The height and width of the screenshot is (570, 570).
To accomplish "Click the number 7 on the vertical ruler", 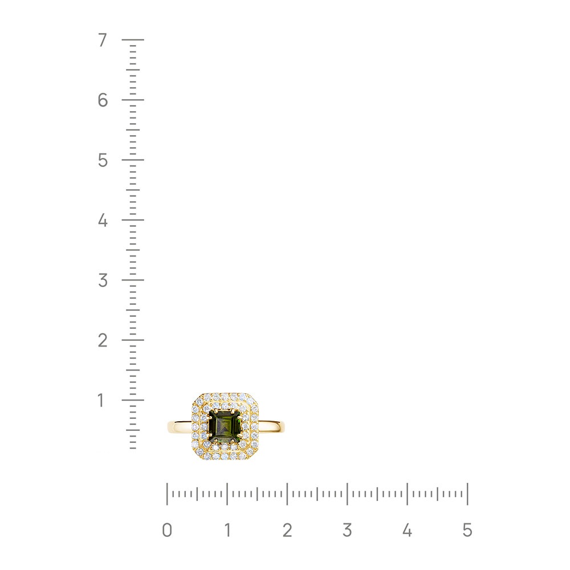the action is [x=103, y=40].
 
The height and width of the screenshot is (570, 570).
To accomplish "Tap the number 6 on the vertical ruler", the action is [x=103, y=100].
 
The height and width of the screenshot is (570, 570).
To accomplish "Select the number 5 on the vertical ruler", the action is [x=103, y=160].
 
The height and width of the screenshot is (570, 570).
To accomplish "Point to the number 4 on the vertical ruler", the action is [x=103, y=220].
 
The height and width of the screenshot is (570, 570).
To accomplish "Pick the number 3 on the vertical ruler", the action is [x=103, y=280].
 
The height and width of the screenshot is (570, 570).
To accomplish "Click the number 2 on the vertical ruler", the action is [x=103, y=340].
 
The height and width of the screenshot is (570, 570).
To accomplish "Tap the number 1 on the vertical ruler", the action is [x=101, y=400].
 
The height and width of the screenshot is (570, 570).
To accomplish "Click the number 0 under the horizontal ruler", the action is [x=167, y=530].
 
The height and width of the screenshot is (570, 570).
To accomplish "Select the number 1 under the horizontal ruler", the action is [x=227, y=530].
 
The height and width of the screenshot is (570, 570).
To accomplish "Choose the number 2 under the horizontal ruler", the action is [x=287, y=530].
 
